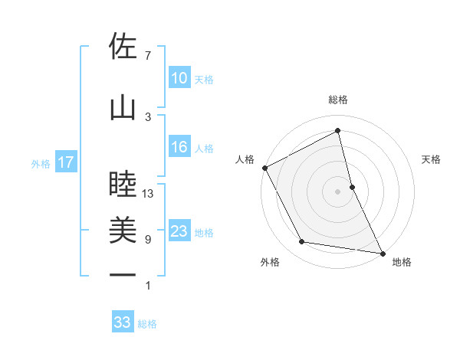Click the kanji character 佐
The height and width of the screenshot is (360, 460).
(x=123, y=47)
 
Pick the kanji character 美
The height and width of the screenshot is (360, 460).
(x=123, y=230)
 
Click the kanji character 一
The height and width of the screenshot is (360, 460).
(x=123, y=274)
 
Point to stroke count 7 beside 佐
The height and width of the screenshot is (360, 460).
(x=148, y=56)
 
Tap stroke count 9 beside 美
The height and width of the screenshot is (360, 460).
(x=148, y=240)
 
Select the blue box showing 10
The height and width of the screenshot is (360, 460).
(x=179, y=78)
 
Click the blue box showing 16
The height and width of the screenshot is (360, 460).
(x=179, y=147)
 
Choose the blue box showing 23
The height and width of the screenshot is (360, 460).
(x=179, y=231)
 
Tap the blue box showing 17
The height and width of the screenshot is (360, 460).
(x=65, y=162)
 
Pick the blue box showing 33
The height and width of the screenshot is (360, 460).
(x=123, y=322)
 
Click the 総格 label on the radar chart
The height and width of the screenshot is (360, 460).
(x=338, y=100)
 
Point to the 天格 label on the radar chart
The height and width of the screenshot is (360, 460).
(x=432, y=159)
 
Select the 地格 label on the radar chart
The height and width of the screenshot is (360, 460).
(x=401, y=262)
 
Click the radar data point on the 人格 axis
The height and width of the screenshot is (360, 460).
(x=264, y=167)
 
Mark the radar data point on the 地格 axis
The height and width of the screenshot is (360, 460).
(x=382, y=252)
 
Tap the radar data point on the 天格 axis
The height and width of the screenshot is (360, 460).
(x=352, y=186)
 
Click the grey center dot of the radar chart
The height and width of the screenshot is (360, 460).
(x=338, y=191)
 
